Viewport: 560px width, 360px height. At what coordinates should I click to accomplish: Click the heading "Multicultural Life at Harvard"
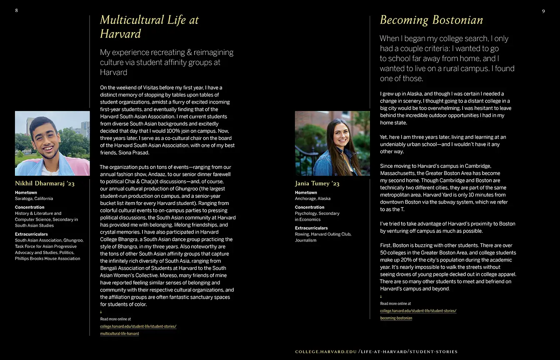149,27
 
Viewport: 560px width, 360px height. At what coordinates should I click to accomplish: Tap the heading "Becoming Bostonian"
431,20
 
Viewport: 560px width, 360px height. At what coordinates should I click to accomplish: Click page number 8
16,10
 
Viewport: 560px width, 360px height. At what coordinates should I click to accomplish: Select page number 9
543,11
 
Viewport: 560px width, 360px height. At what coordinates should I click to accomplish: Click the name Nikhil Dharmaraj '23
45,183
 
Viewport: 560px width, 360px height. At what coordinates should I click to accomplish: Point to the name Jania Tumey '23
317,183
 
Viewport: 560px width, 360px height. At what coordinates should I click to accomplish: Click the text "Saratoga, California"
34,199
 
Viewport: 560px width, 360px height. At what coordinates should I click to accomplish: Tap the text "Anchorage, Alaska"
312,199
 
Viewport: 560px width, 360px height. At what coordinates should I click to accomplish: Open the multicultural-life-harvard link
120,334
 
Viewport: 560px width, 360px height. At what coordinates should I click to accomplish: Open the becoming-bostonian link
396,318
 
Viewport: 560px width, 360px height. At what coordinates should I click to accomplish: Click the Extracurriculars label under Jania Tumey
311,228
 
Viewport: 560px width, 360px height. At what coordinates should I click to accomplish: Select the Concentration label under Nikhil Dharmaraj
30,207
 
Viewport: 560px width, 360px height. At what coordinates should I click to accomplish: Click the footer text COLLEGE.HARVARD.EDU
326,352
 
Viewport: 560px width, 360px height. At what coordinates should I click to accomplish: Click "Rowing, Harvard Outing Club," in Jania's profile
323,234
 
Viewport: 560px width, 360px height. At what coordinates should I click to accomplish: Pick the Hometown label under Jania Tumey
306,192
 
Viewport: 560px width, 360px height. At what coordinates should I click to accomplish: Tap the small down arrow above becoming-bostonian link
381,297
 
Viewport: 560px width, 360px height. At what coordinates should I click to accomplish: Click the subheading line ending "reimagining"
167,52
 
